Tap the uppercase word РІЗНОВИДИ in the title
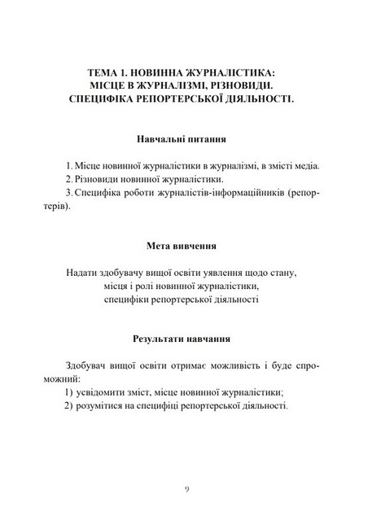point(243,85)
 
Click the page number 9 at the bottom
point(186,488)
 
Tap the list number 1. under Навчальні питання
point(71,165)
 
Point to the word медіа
point(305,165)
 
